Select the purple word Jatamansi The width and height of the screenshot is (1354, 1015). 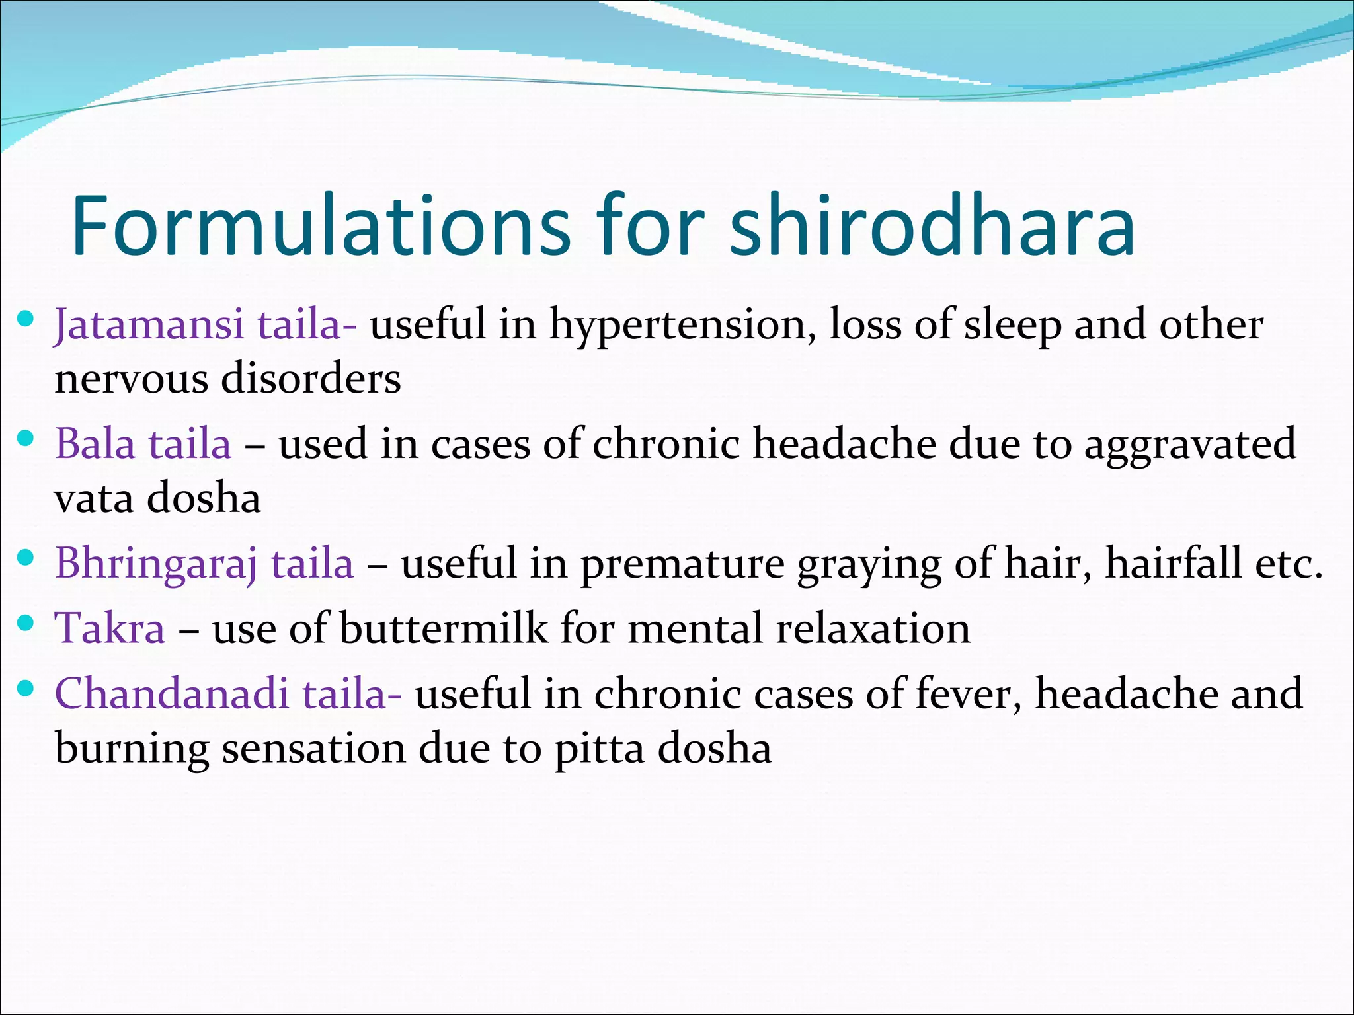pos(149,326)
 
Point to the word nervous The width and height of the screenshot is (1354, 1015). pos(131,379)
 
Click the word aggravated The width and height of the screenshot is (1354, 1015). pos(1190,445)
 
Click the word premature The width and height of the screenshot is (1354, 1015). pos(682,564)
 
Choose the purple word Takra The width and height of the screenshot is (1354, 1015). pos(110,628)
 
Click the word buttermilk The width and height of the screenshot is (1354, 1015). pos(444,628)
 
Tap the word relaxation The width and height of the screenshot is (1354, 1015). pos(873,628)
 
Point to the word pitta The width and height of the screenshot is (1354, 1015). pos(599,749)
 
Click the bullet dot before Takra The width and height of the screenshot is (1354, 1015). pos(25,623)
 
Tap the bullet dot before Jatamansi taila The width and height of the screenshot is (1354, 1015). pos(25,320)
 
